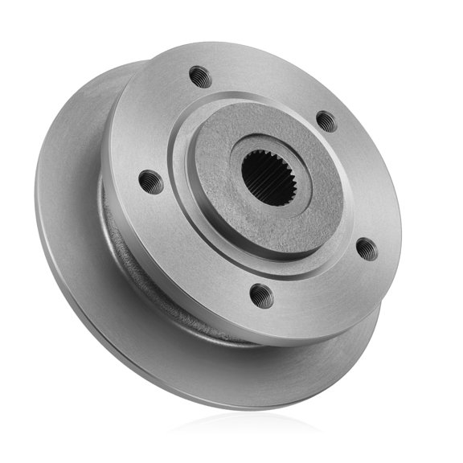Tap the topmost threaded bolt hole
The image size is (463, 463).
[200, 77]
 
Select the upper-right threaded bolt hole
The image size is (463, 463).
[326, 121]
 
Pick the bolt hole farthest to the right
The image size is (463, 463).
[366, 248]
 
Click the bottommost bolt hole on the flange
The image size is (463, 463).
[261, 296]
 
